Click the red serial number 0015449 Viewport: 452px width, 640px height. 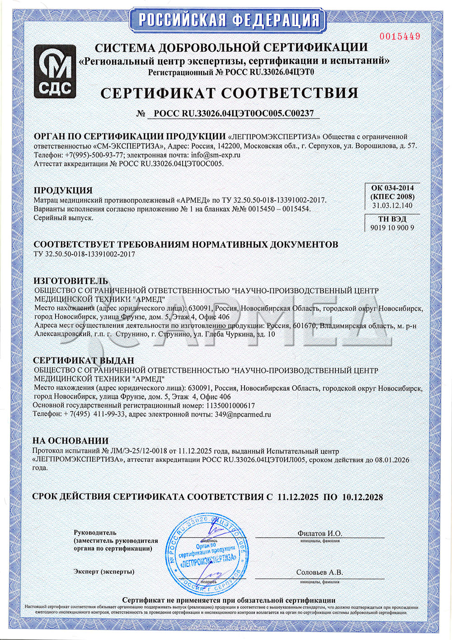click(x=400, y=36)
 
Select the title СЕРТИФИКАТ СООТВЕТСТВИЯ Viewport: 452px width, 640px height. click(x=229, y=93)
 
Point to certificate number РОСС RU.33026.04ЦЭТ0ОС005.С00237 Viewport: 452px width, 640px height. click(x=234, y=114)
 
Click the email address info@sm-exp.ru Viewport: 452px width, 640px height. click(x=216, y=155)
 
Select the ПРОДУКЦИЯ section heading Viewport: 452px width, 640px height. click(x=63, y=190)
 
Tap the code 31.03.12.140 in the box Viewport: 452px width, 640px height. click(x=392, y=205)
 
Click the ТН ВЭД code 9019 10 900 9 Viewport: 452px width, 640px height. click(x=392, y=228)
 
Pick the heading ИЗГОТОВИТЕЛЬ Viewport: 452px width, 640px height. click(x=71, y=281)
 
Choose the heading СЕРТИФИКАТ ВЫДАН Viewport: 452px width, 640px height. click(x=84, y=360)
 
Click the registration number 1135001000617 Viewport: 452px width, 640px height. click(x=230, y=406)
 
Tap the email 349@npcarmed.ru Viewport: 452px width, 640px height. click(x=242, y=414)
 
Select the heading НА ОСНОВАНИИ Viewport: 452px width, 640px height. click(x=71, y=441)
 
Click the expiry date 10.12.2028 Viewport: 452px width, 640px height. click(x=363, y=497)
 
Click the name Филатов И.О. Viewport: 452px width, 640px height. click(x=320, y=534)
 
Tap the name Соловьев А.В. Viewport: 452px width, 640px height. click(x=320, y=573)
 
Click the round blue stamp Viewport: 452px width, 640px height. click(x=207, y=555)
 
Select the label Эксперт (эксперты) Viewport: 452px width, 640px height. click(x=104, y=572)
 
